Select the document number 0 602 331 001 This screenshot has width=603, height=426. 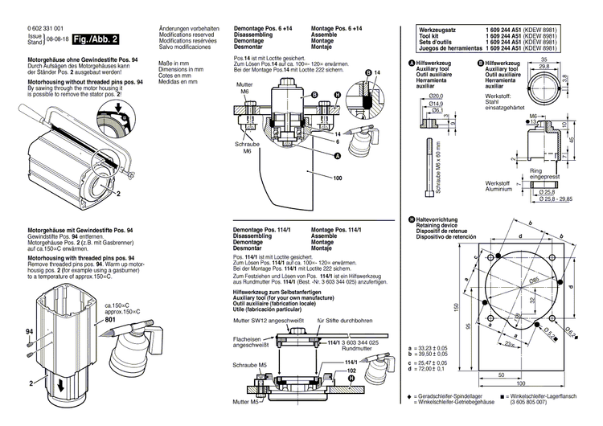coord(47,28)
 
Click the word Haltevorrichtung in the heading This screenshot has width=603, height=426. coord(435,219)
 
